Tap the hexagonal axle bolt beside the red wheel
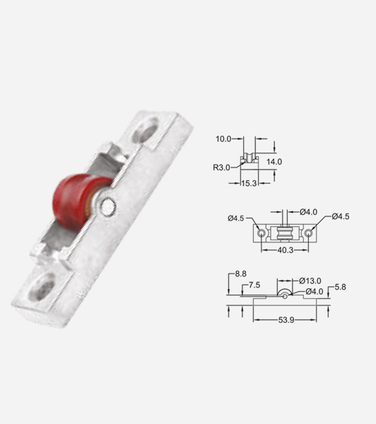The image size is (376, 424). [108, 207]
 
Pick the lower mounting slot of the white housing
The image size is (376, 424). [42, 288]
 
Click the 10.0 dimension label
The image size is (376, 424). [223, 139]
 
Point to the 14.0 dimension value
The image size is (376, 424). [274, 162]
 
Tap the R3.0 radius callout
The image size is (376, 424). [221, 167]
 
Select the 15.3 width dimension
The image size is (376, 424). [249, 183]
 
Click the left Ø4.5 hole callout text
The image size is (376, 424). [235, 218]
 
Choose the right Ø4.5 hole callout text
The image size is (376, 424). [341, 216]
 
